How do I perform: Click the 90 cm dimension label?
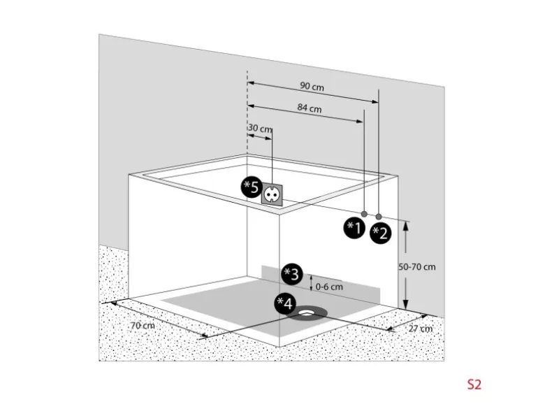[x=312, y=86]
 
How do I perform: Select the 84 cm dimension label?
[x=310, y=108]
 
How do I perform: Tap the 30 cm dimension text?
[x=260, y=129]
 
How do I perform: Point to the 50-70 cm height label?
[x=417, y=267]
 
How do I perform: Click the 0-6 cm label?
[x=329, y=287]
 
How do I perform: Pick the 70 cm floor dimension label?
[x=143, y=325]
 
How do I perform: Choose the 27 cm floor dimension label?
[x=421, y=329]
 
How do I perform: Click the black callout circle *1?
[x=354, y=228]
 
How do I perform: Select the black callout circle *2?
[x=381, y=233]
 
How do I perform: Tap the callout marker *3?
[x=292, y=274]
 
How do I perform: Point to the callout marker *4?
[x=285, y=303]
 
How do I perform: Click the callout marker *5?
[x=252, y=187]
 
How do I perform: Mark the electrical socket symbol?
[x=272, y=195]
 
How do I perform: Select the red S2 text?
[x=474, y=384]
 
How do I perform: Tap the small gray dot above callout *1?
[x=365, y=214]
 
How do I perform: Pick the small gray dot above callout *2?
[x=379, y=217]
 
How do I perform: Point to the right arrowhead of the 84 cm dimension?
[x=360, y=121]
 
